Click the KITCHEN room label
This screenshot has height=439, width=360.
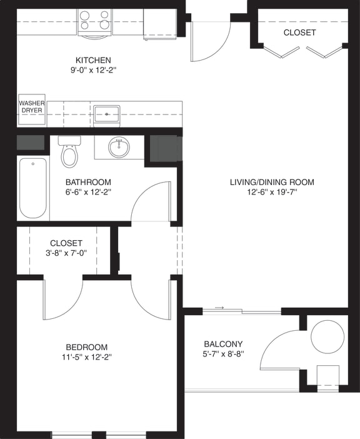pos(93,60)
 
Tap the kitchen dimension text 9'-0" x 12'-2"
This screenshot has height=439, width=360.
pos(93,70)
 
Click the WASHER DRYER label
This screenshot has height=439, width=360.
pos(32,106)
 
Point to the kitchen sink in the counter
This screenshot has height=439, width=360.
pos(107,114)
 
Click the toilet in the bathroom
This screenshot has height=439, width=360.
pos(69,153)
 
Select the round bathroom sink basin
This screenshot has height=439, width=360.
pos(119,148)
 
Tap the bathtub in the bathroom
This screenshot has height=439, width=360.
pos(32,188)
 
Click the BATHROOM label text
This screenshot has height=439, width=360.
pos(88,182)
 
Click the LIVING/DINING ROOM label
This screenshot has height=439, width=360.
pos(272,182)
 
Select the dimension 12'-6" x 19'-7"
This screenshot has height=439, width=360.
pos(272,192)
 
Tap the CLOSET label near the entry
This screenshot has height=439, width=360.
pos(299,33)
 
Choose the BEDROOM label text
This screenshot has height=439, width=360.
pos(87,347)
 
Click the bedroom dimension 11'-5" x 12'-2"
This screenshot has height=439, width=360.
pos(87,357)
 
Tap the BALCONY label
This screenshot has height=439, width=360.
pos(223,344)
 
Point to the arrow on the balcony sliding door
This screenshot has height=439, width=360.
pos(219,308)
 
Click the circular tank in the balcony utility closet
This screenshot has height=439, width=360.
pos(327,336)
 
